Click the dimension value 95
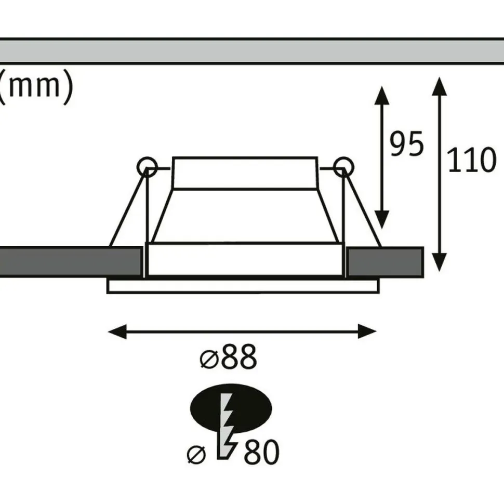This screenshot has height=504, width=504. click(406, 144)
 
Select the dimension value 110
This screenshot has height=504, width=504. click(471, 160)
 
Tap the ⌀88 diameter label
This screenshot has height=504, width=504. click(228, 356)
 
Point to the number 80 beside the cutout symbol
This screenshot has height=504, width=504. click(261, 452)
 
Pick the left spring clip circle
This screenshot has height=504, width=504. click(147, 167)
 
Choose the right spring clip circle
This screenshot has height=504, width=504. click(343, 167)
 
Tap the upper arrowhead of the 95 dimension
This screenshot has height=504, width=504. click(382, 95)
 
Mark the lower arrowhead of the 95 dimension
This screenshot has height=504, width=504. click(382, 220)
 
